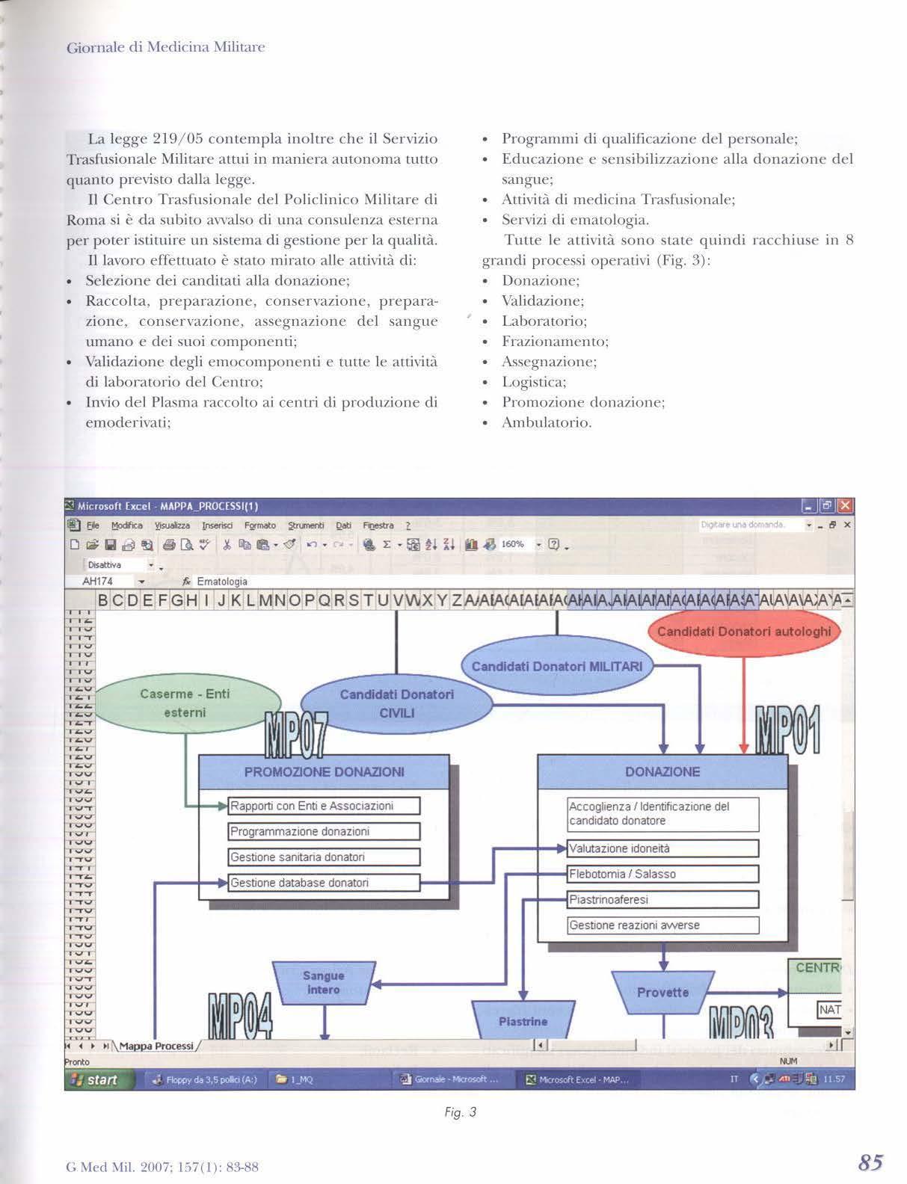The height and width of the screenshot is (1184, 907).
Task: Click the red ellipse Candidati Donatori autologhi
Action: [x=744, y=632]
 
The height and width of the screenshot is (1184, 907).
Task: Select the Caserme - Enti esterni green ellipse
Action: [x=185, y=703]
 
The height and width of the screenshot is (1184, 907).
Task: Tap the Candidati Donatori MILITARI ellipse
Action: [x=556, y=666]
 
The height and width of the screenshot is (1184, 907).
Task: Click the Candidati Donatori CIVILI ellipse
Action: [x=396, y=703]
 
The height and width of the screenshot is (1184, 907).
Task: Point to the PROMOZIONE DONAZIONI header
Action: [x=324, y=771]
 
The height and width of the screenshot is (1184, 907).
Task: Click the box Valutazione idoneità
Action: [x=663, y=848]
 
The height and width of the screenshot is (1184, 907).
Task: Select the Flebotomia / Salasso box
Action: [x=663, y=874]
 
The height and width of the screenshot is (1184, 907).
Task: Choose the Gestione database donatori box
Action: [x=324, y=883]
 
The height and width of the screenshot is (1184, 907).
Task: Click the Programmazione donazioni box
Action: [x=324, y=831]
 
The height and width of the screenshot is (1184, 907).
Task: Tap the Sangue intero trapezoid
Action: [x=323, y=983]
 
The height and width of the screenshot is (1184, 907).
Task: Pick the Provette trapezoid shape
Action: [x=662, y=993]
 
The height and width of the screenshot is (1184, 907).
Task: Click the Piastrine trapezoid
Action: [x=523, y=1021]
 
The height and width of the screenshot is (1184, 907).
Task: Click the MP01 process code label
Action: [x=788, y=730]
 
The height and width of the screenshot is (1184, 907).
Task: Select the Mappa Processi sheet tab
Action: [x=156, y=1046]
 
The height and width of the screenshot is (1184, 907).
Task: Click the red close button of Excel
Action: [x=846, y=506]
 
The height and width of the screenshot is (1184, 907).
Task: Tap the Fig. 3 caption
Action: [x=460, y=1112]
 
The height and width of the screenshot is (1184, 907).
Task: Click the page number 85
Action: [x=871, y=1162]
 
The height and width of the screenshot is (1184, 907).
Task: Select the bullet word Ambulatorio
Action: [x=547, y=423]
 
